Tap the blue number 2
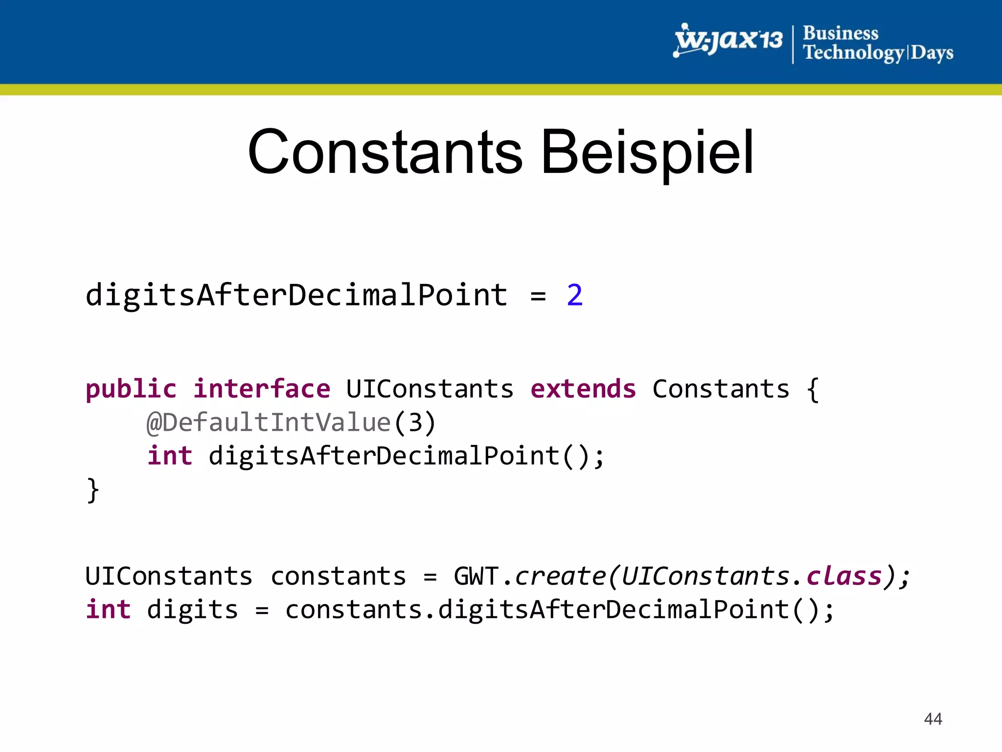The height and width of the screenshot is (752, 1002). pos(575,295)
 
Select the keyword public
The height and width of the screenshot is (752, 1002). pos(131,389)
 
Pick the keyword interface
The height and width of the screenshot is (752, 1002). pos(262,389)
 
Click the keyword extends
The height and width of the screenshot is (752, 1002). pos(583,389)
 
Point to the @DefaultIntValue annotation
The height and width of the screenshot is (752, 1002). pos(269,423)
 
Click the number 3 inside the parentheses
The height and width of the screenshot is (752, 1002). pos(415,423)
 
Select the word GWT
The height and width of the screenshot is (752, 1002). pos(476,576)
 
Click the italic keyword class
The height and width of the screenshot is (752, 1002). pos(844,576)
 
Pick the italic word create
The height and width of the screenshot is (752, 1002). pos(560,576)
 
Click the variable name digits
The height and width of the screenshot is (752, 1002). pos(192,610)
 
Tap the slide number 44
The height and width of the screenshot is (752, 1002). pos(933,719)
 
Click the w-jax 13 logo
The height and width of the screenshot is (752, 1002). pos(729,40)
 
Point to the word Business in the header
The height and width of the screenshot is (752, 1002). pos(841,33)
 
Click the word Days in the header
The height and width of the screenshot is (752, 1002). pos(932,52)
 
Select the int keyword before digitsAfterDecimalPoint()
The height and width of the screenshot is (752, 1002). pos(170,456)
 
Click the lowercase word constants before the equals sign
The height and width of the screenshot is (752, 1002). pos(338,576)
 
